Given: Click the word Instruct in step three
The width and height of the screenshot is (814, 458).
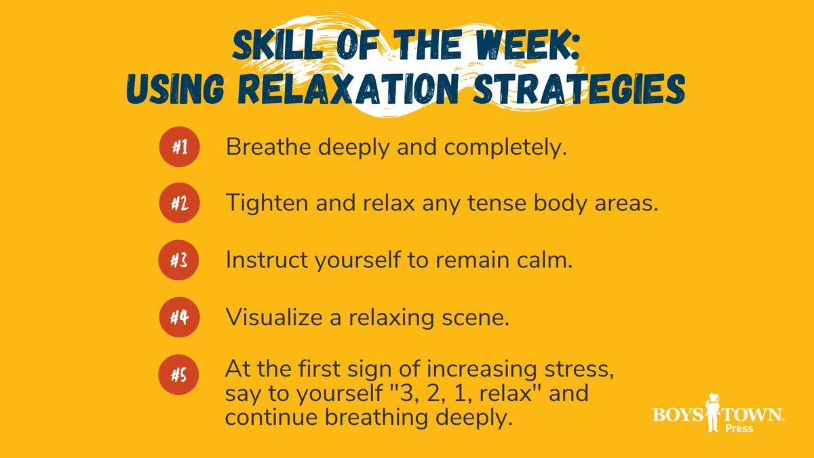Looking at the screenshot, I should [x=261, y=260].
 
